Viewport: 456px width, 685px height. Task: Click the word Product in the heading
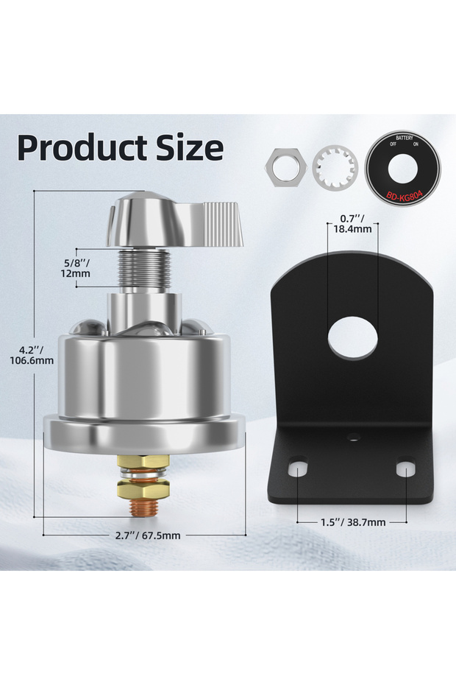(x=82, y=148)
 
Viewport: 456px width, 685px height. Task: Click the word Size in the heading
(x=190, y=147)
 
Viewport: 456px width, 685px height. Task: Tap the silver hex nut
(x=287, y=168)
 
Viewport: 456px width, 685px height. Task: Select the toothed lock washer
(x=335, y=168)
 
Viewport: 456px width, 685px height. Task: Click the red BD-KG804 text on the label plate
(x=404, y=195)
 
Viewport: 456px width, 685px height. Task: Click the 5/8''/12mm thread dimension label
(x=76, y=268)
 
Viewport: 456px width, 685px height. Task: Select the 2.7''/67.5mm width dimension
(x=148, y=535)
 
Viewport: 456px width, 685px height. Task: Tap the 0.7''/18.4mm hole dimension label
(x=352, y=224)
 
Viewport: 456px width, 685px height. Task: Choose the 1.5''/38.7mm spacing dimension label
(x=353, y=522)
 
